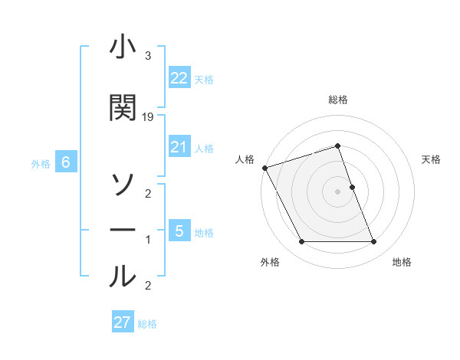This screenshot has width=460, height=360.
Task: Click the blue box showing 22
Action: [x=179, y=77]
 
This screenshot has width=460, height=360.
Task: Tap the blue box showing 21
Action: [x=179, y=146]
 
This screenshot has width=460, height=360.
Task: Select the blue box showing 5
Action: [x=179, y=231]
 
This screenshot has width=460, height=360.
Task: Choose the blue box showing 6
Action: [x=66, y=162]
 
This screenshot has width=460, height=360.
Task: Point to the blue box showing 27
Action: [x=123, y=322]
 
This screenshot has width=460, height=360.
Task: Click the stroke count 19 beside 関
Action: [x=148, y=117]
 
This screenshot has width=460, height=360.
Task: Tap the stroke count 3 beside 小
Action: [x=147, y=56]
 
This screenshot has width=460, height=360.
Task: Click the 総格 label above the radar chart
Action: [x=338, y=100]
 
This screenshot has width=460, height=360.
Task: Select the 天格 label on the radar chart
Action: [x=432, y=159]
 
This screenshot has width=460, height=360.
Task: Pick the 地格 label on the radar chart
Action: [x=402, y=263]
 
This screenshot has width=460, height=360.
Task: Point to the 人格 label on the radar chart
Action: [x=245, y=159]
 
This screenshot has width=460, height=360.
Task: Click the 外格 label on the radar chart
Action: [x=270, y=263]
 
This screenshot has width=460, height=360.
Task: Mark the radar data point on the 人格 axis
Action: [x=264, y=167]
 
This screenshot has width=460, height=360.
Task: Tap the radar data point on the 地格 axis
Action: [x=373, y=242]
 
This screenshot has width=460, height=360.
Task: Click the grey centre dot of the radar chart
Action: [x=338, y=191]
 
